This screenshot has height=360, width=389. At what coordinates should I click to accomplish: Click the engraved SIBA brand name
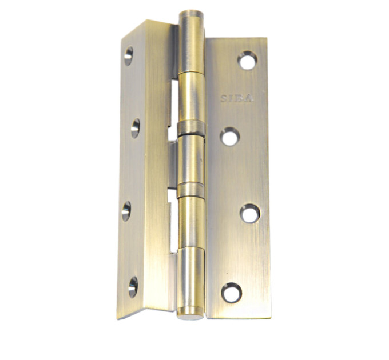pos(237,98)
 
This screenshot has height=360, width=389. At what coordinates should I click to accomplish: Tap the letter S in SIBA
pos(224,98)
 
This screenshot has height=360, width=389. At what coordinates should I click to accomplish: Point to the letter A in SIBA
pos(249,98)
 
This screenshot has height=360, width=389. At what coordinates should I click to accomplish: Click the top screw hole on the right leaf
pos(247,60)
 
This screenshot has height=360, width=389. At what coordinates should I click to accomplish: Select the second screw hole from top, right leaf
pos(230,137)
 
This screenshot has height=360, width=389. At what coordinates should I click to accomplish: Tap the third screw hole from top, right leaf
pos(250,214)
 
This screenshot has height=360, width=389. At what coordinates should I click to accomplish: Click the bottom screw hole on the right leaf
pos(232,293)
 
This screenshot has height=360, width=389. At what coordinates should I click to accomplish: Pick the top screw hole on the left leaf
pos(129,56)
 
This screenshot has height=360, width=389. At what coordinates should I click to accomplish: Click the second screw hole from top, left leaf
pos(136,129)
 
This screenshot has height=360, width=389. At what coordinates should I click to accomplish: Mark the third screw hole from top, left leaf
pos(126,211)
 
